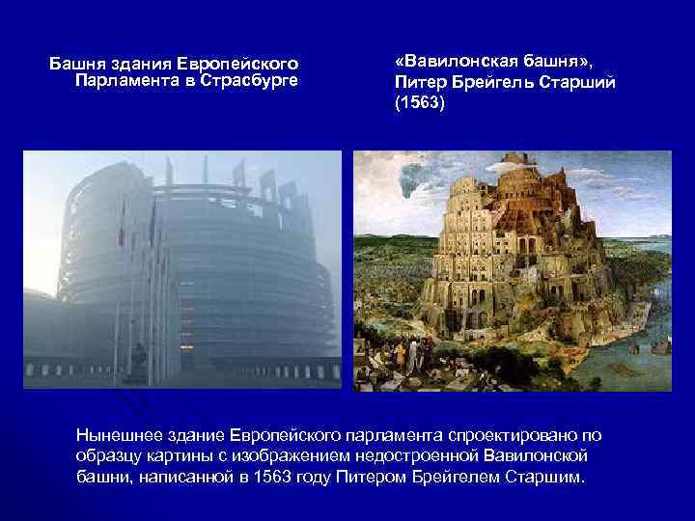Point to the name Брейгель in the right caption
click(x=493, y=83)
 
